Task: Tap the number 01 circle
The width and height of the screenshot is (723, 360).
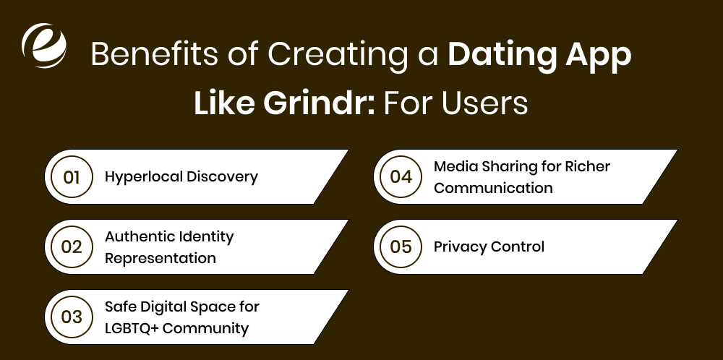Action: pos(72,176)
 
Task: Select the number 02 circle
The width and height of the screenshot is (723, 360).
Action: pos(72,247)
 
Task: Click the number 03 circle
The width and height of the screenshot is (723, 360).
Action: pos(72,317)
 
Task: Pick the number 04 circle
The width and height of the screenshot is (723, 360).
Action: pos(401,176)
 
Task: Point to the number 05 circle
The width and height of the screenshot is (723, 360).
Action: pos(401,247)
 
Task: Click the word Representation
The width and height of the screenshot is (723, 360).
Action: pos(161,258)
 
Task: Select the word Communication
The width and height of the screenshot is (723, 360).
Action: pos(493,188)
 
